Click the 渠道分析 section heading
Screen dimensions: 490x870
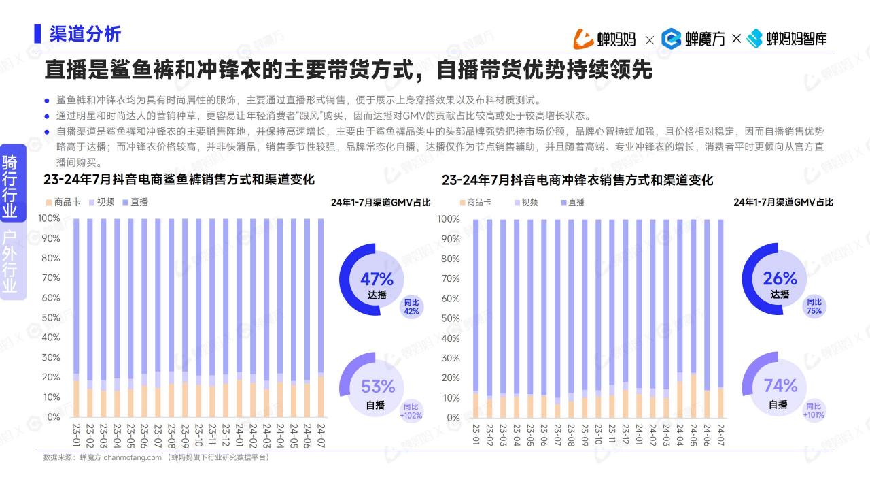tap(85, 34)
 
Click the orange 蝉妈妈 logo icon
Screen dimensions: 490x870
tap(584, 39)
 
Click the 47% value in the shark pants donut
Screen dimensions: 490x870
tap(377, 279)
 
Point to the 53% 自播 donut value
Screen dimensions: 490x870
tap(377, 387)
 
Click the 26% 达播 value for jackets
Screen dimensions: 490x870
tap(780, 278)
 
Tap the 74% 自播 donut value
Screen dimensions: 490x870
tap(780, 386)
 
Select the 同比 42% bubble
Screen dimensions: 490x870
tap(411, 307)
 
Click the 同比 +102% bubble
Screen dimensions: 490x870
tap(411, 411)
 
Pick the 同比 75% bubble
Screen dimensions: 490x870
tap(814, 306)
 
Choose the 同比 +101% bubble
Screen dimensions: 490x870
tap(814, 410)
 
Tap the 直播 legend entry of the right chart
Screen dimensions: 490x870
tap(572, 202)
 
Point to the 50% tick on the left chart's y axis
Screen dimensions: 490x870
tap(51, 318)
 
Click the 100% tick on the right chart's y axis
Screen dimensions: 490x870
tap(449, 219)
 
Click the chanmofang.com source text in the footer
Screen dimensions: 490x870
tap(133, 457)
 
